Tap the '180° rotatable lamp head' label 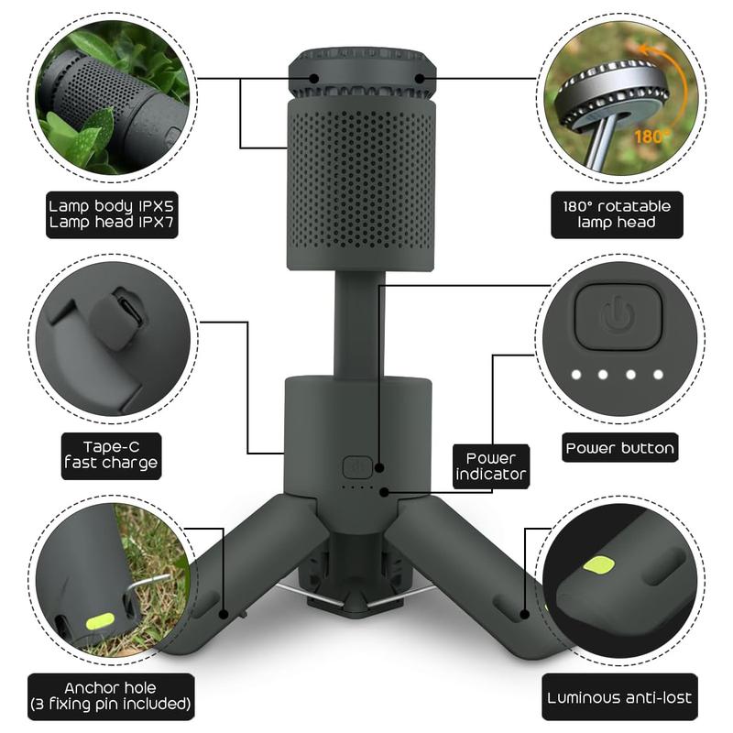pos(617,214)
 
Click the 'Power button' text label pos(619,448)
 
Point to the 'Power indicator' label pos(491,465)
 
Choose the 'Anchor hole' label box pos(111,696)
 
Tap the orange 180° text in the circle pos(651,135)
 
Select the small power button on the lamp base pos(356,466)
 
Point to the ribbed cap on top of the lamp pos(361,73)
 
